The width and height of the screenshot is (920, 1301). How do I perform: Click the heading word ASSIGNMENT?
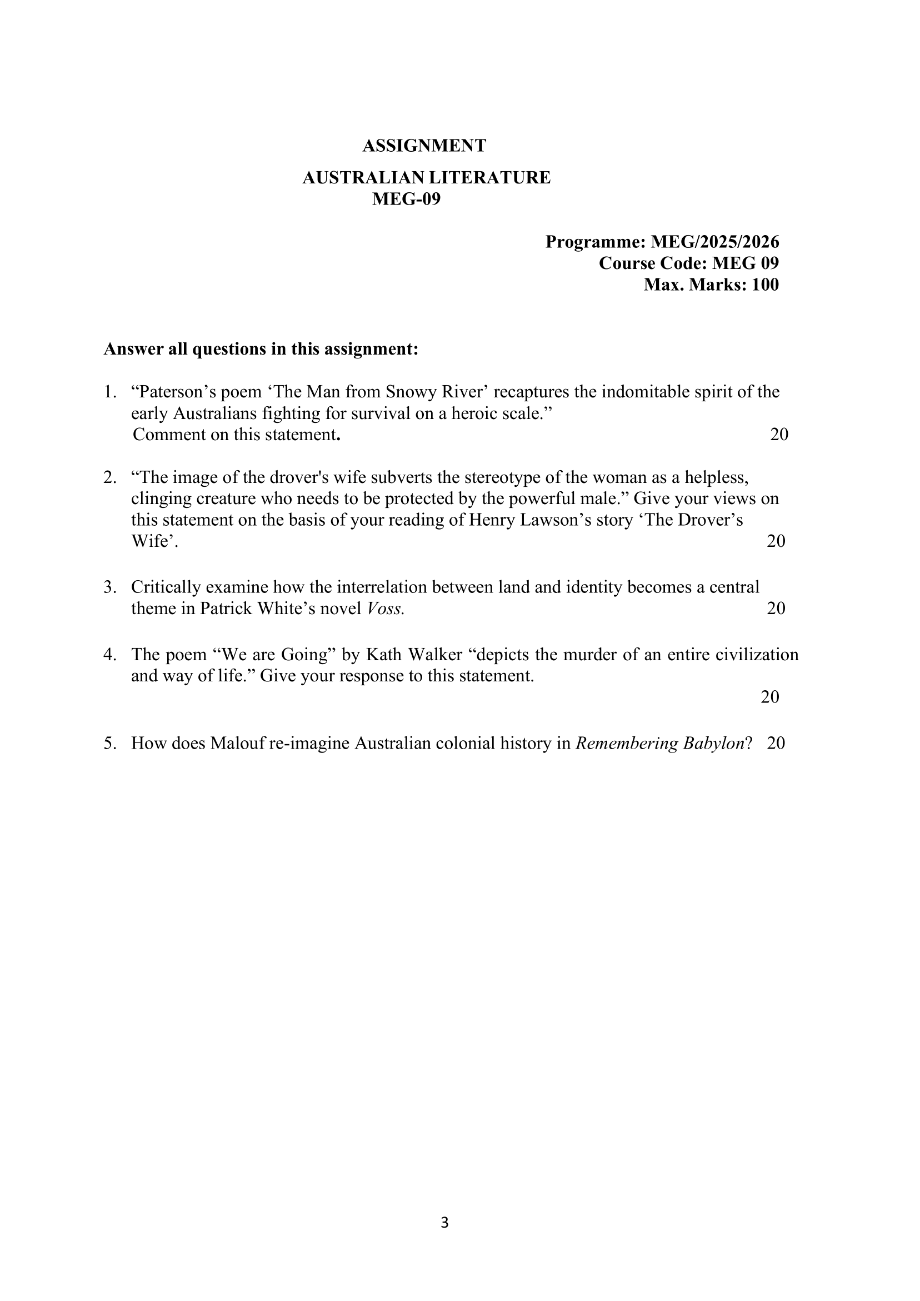coord(424,146)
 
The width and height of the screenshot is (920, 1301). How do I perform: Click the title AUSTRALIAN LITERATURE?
coord(426,178)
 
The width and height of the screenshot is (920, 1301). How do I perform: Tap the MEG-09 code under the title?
coord(406,200)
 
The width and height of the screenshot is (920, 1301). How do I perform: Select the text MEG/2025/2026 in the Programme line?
coord(714,242)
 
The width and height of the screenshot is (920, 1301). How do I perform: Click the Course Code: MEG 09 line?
coord(688,263)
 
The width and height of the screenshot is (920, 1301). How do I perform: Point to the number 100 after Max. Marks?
coord(765,285)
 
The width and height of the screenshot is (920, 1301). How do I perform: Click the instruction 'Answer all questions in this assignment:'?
coord(261,349)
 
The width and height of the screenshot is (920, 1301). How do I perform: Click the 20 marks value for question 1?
coord(779,435)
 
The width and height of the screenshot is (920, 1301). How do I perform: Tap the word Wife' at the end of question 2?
coord(153,542)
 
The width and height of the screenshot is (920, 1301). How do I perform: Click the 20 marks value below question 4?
coord(770,697)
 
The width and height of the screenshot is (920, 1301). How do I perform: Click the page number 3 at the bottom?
coord(444,1223)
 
